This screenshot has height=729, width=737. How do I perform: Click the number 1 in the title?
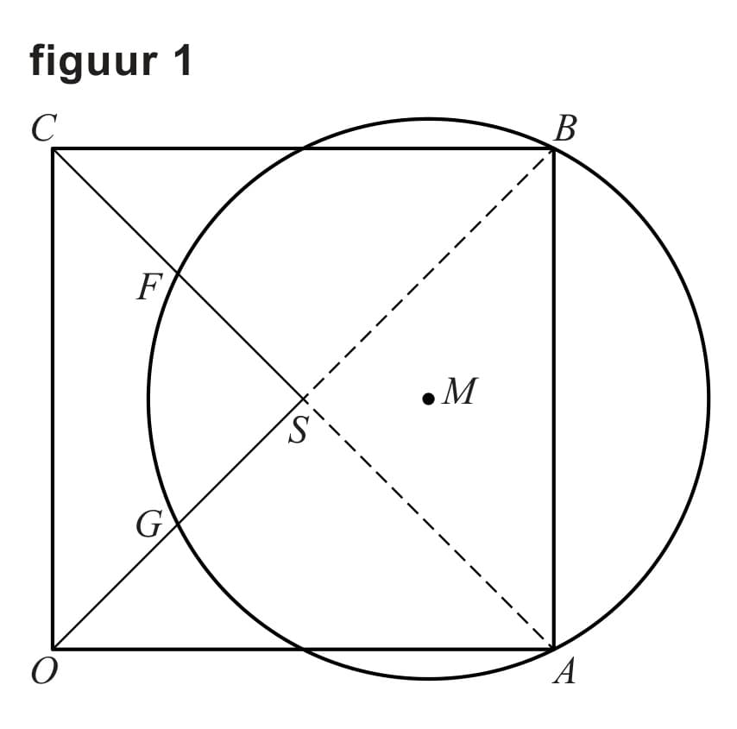(x=181, y=60)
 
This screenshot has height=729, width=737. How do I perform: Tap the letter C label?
(x=42, y=128)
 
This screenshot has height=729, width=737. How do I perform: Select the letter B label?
(x=564, y=129)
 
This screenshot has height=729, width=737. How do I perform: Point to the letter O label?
(x=41, y=672)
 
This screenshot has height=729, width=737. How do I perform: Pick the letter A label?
(x=564, y=671)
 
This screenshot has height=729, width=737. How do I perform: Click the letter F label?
(x=148, y=287)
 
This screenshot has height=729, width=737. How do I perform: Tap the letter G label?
(x=148, y=524)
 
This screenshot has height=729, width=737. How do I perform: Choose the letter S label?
(x=298, y=429)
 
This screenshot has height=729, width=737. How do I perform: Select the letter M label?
(x=459, y=392)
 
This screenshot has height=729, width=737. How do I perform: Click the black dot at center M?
(x=428, y=398)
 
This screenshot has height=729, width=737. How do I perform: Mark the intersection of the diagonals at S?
(x=304, y=399)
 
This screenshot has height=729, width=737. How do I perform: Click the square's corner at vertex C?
(x=54, y=149)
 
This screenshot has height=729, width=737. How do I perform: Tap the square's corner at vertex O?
(x=54, y=648)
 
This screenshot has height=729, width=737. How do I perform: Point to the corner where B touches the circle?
(x=552, y=149)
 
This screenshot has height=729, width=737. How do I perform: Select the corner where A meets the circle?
(x=552, y=648)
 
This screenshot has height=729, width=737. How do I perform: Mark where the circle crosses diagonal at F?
(x=177, y=273)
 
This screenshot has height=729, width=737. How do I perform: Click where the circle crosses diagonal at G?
(x=177, y=525)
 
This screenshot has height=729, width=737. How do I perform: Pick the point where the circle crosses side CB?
(x=304, y=148)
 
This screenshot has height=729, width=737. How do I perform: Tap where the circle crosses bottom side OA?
(x=304, y=648)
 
